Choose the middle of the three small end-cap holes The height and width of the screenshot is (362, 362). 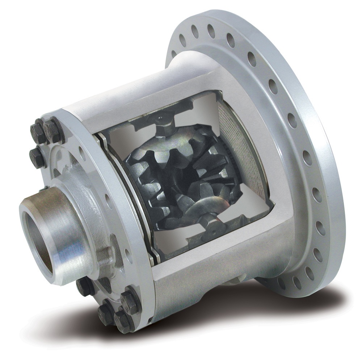click(x=108, y=197)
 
